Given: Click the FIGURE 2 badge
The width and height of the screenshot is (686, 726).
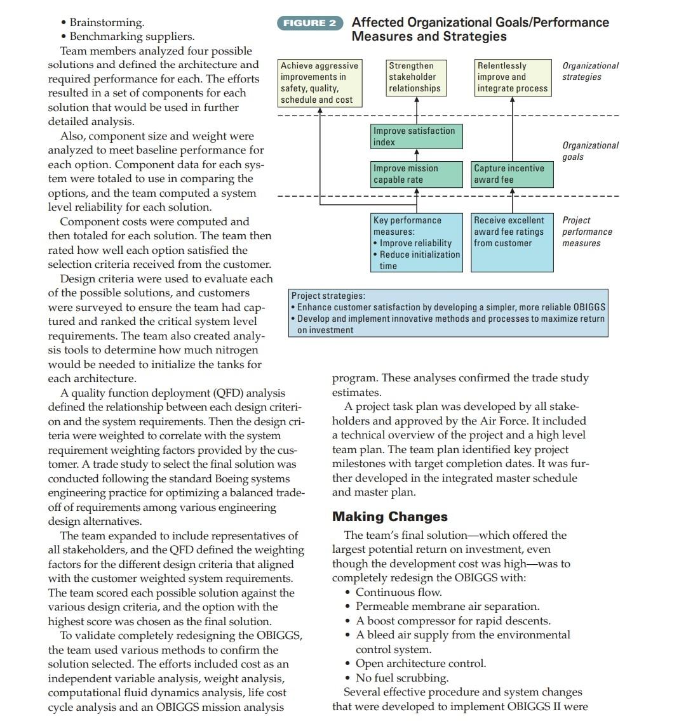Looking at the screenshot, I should (x=309, y=23).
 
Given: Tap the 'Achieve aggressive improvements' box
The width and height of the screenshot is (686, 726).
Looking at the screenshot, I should (x=319, y=83).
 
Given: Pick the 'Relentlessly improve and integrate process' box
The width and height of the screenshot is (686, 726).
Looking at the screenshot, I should (x=513, y=77).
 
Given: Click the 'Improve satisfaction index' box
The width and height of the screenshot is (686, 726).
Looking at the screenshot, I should (x=417, y=136).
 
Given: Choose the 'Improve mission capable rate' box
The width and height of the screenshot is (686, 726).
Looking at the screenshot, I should (x=417, y=174).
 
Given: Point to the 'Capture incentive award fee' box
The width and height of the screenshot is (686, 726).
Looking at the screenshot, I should (x=512, y=174).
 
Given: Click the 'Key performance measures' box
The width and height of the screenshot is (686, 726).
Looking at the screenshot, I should (x=417, y=242).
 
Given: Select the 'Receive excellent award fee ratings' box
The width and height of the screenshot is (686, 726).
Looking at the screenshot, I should (x=512, y=232).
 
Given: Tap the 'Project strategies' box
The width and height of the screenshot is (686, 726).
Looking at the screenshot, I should (x=448, y=313).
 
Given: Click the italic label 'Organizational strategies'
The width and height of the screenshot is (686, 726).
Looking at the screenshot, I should (x=590, y=71).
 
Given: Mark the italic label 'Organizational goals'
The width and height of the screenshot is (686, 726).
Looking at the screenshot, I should (x=590, y=151).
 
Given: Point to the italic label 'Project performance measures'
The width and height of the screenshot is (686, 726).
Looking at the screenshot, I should (x=587, y=232).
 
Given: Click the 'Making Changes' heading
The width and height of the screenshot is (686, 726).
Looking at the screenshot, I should (x=390, y=517).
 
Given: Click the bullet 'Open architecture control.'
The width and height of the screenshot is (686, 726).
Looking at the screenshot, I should (x=420, y=663).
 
